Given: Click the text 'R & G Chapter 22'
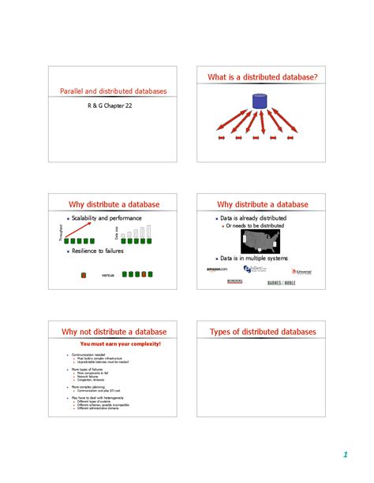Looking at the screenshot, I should tap(110, 105).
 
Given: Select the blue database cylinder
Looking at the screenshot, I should tap(258, 101).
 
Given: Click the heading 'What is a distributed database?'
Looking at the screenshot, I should tap(263, 77).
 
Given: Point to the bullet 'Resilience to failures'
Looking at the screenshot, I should tap(98, 251).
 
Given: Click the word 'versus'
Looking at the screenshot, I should tap(108, 275).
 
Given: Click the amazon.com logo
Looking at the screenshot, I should tap(217, 269).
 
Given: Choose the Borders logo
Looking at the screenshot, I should tap(234, 281).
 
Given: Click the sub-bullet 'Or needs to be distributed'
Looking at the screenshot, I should tap(255, 225).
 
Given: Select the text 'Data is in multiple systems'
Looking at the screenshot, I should tap(254, 258).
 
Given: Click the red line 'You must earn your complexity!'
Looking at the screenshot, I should tap(121, 344).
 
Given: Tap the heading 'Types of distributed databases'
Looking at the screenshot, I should tap(263, 332).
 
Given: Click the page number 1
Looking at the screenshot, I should tap(345, 455).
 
